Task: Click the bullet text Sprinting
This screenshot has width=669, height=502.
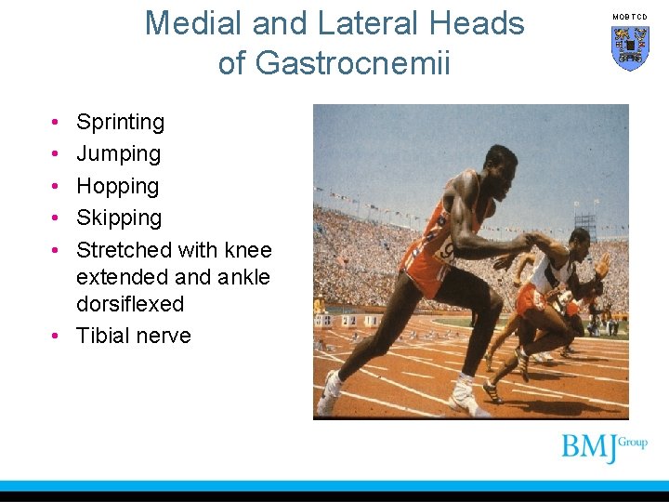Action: click(x=120, y=122)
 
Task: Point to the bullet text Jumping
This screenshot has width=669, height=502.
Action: click(x=118, y=153)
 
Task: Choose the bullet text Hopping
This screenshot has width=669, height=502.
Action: click(x=117, y=186)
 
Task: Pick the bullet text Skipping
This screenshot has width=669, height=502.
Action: click(x=119, y=218)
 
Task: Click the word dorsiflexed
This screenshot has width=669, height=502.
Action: click(x=130, y=304)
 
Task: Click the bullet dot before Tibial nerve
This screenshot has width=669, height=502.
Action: click(x=56, y=337)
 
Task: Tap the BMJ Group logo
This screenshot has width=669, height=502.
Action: click(x=604, y=447)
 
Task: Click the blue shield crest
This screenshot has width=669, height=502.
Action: click(x=630, y=47)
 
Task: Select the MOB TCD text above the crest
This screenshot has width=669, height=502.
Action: click(x=630, y=17)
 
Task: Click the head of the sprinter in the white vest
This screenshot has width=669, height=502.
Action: click(x=581, y=244)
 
